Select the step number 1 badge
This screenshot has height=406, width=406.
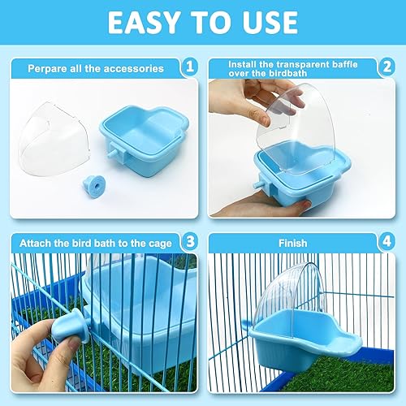tap(188, 69)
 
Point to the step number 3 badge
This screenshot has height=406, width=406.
tap(188, 240)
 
